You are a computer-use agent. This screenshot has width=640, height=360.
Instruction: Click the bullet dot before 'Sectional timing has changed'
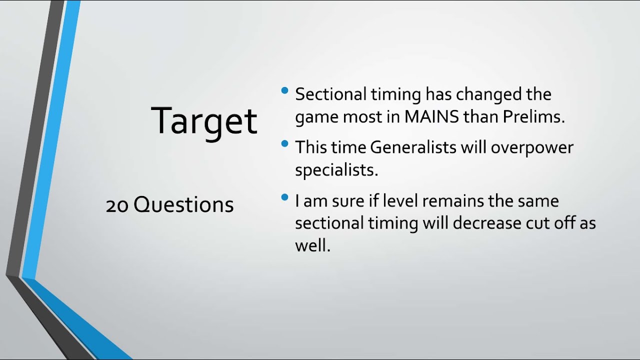coord(285,90)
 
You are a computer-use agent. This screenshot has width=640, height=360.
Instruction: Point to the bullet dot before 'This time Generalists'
coord(285,144)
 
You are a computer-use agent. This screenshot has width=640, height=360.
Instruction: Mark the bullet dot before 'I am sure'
coord(285,197)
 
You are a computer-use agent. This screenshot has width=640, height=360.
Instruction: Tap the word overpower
coord(532,147)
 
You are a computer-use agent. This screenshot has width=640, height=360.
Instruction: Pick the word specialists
coord(336,170)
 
